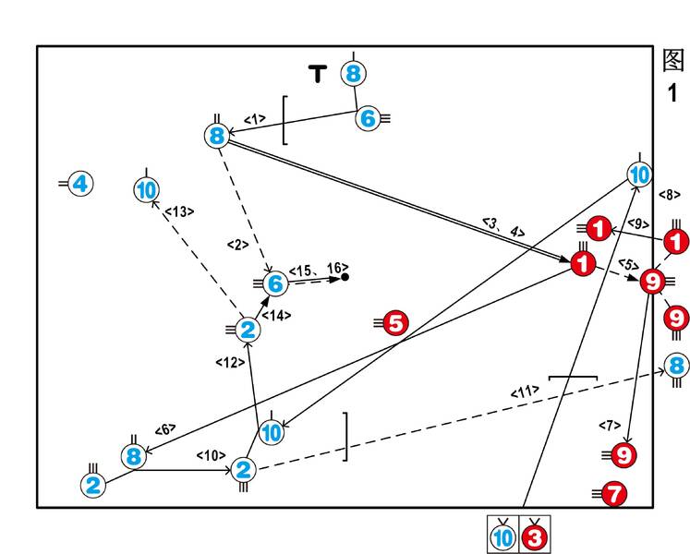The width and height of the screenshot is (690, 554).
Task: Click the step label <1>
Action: (255, 118)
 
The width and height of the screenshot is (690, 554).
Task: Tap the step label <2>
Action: (238, 245)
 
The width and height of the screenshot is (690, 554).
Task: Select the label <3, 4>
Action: (502, 227)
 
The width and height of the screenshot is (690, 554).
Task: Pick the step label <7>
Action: (610, 425)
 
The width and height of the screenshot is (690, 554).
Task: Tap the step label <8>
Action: (670, 195)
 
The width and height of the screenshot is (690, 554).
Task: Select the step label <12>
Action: (228, 361)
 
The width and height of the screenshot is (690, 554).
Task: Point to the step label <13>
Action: (177, 212)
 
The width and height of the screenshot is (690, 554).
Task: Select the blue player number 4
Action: (80, 184)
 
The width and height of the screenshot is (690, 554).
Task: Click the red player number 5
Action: (395, 323)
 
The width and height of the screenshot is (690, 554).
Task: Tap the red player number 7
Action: (615, 495)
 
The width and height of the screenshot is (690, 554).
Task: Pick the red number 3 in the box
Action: (537, 536)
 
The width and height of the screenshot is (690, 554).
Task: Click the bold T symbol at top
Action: (318, 74)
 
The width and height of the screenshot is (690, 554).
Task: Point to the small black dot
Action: (345, 277)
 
